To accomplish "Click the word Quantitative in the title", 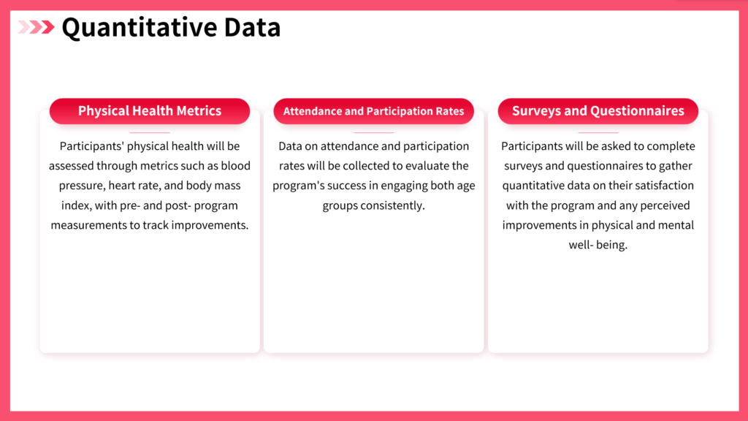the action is pos(139,28).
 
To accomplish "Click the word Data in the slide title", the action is pos(252,28).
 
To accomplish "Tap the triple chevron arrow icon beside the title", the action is pos(37,27).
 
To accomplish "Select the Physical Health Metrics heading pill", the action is pos(150,111).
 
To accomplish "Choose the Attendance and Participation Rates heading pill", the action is pos(373,111).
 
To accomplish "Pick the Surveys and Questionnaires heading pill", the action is pos(598,111).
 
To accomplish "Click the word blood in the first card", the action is pos(236,166).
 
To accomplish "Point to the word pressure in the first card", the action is pos(80,186).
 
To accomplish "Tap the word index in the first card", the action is pos(76,205).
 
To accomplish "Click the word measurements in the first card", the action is pos(88,225).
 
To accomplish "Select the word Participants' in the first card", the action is pos(91,146).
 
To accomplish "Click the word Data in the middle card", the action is pos(290,146).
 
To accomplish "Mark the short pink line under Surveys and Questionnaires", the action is pos(598,132).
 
